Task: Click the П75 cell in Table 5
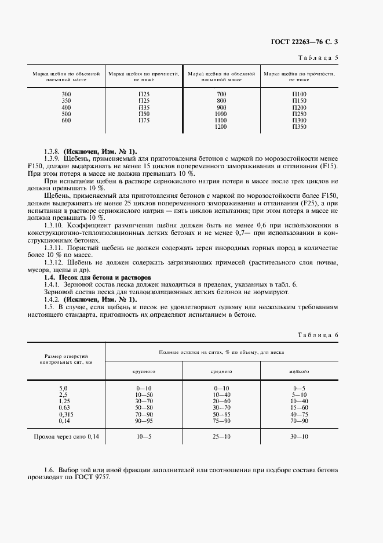pyautogui.click(x=144, y=120)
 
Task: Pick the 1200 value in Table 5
pyautogui.click(x=221, y=126)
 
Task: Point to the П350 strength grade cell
pyautogui.click(x=300, y=126)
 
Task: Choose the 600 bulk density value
pyautogui.click(x=66, y=120)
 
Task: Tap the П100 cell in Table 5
pyautogui.click(x=300, y=94)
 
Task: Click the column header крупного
pyautogui.click(x=144, y=371)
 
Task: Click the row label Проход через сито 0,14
pyautogui.click(x=67, y=435)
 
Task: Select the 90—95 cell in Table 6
pyautogui.click(x=144, y=421)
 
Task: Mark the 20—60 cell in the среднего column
pyautogui.click(x=221, y=400)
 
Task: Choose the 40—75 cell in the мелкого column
pyautogui.click(x=299, y=414)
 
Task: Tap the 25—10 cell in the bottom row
pyautogui.click(x=221, y=435)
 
